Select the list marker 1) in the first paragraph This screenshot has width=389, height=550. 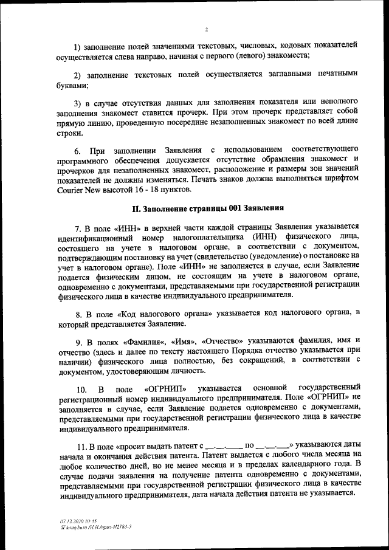(x=78, y=46)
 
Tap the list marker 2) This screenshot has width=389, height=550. (x=78, y=75)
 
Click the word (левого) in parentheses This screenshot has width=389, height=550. (x=224, y=56)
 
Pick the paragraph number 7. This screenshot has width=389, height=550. (x=78, y=228)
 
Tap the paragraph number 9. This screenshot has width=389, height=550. (x=78, y=340)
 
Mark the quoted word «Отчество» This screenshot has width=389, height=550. (x=222, y=340)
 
